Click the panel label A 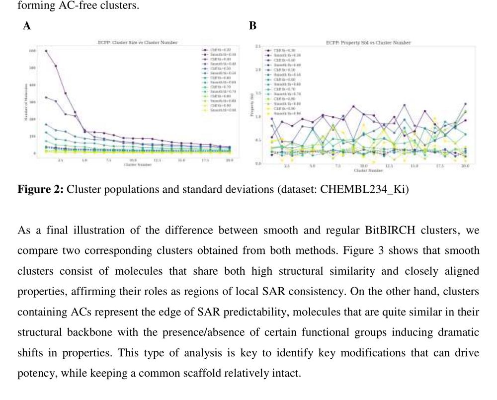(27, 26)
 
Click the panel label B (252, 26)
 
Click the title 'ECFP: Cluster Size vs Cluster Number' (138, 43)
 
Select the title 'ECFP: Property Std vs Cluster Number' (368, 43)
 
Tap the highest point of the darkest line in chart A (46, 51)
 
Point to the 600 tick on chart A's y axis (32, 51)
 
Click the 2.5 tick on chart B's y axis (258, 46)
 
